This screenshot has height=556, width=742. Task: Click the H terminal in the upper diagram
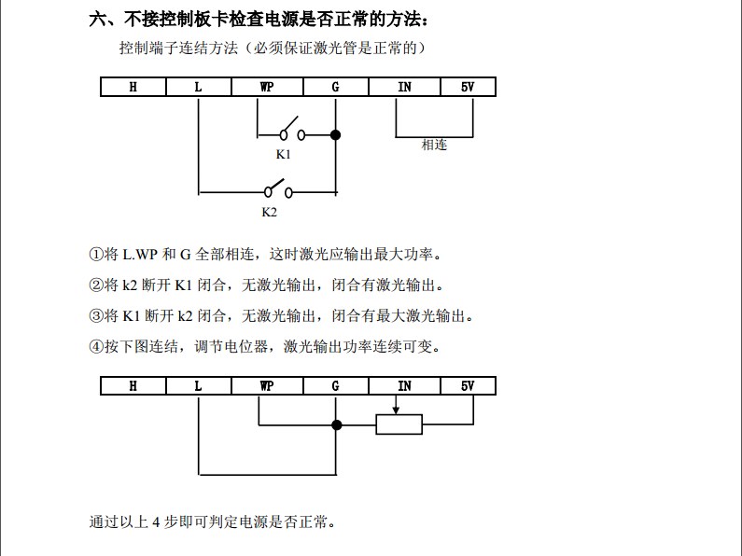(133, 88)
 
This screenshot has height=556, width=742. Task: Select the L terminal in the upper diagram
(198, 88)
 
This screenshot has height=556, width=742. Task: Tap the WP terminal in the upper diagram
(267, 88)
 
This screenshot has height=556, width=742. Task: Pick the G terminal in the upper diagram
(335, 88)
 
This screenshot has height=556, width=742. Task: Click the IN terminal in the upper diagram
(404, 88)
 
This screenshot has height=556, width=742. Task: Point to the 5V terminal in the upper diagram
(468, 88)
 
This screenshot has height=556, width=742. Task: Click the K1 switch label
(283, 154)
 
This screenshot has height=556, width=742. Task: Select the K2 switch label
(269, 212)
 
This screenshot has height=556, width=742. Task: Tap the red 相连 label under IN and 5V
(434, 145)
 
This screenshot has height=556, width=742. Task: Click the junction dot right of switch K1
(336, 135)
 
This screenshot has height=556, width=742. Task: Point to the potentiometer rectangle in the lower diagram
(399, 425)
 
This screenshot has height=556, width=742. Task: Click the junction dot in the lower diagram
(337, 425)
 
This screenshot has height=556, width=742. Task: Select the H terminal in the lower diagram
(133, 386)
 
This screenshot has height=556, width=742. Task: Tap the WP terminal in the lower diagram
(267, 386)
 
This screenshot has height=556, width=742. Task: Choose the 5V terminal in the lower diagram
(468, 386)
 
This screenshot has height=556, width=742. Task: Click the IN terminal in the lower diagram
(404, 386)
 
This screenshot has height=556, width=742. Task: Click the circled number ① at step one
(95, 254)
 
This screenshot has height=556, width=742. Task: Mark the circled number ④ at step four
(95, 346)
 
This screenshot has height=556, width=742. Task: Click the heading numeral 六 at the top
(97, 19)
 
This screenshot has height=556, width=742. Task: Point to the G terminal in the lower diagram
(335, 386)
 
